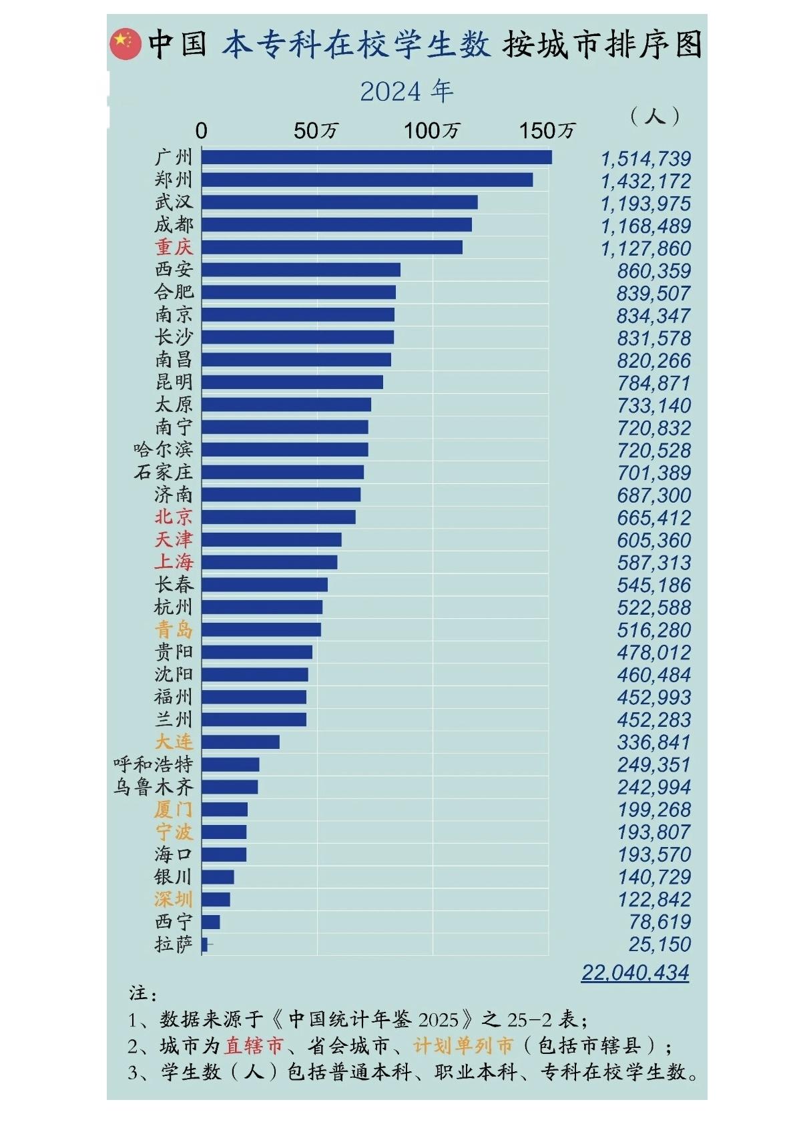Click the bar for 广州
(376, 158)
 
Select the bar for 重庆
(332, 248)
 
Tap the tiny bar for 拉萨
(204, 944)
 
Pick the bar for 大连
(240, 742)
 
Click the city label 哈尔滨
(163, 450)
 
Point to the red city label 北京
(174, 517)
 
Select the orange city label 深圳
(174, 900)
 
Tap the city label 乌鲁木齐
(153, 788)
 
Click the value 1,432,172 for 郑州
(645, 182)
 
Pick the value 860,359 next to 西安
(653, 271)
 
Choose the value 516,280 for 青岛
(653, 630)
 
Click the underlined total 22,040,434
(635, 972)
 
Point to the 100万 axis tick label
(432, 131)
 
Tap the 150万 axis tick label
(547, 131)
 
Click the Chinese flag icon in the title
(125, 44)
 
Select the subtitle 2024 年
(407, 92)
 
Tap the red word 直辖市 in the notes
(254, 1045)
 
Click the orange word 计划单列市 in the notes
(463, 1045)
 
